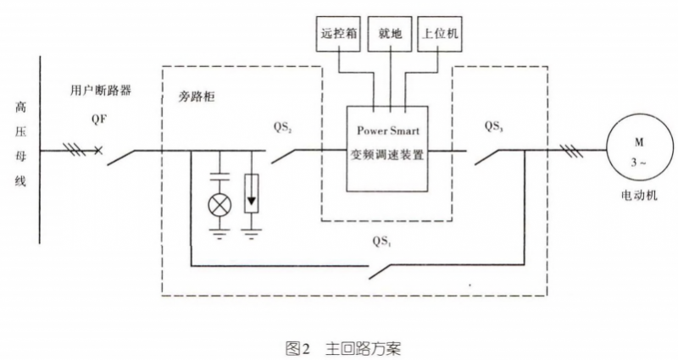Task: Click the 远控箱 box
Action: pyautogui.click(x=338, y=37)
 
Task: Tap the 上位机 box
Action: pyautogui.click(x=442, y=37)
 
